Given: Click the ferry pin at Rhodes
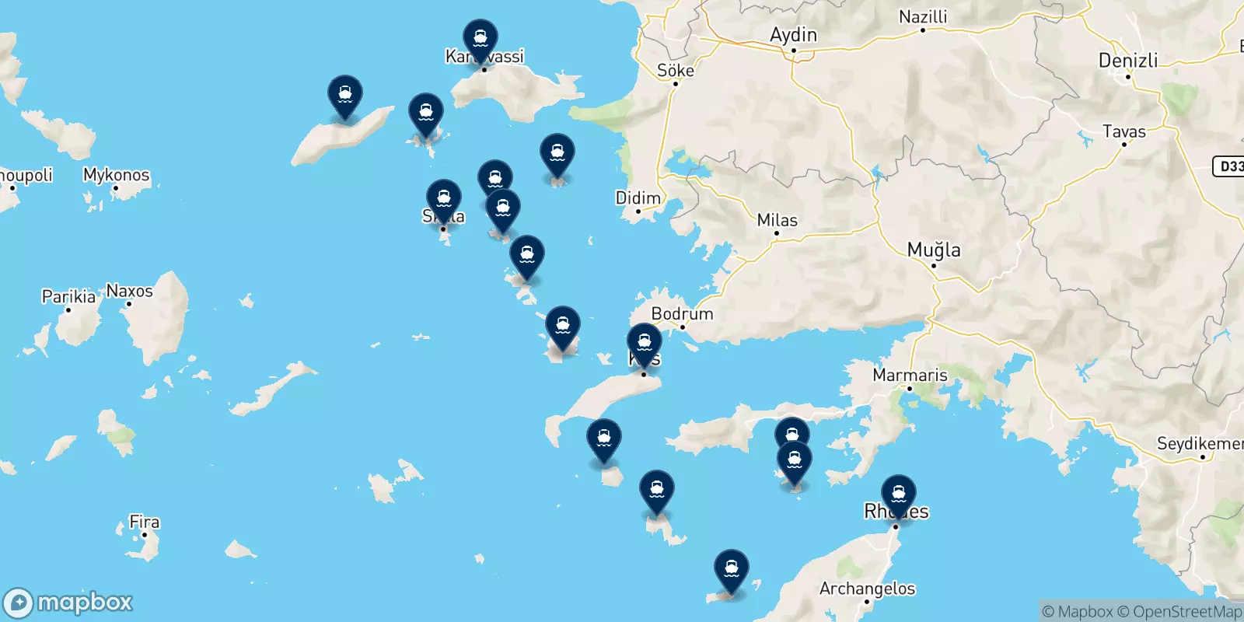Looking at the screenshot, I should point(899,494).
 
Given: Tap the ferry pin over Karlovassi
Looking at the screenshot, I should point(480,39).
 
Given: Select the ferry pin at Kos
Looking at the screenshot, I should point(645,342).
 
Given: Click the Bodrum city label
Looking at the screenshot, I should point(682,313).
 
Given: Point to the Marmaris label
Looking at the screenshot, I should point(910,375).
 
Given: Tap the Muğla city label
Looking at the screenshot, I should point(934,250).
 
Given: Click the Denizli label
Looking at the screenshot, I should point(1128,60).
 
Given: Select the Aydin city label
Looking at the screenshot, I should point(793,35).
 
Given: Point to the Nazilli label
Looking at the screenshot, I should point(923,16).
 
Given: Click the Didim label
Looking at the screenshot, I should point(638,197).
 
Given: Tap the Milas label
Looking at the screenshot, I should point(777,220).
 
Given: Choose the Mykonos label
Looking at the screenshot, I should point(116,175).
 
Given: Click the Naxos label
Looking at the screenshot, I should point(129,291).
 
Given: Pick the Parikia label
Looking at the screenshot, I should point(68,296).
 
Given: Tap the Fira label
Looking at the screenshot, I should point(144,522).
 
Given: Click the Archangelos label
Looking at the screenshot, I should point(867,589).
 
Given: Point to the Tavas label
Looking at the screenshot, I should point(1124,131).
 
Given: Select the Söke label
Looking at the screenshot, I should point(675,70).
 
